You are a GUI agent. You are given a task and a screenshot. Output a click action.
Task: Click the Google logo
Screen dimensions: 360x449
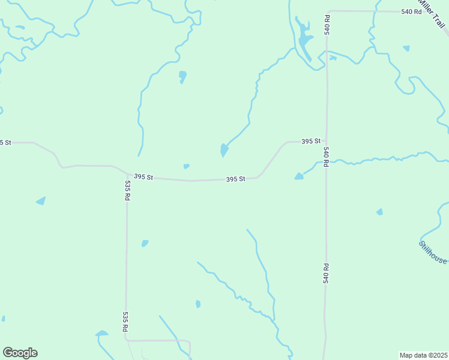tap(20, 353)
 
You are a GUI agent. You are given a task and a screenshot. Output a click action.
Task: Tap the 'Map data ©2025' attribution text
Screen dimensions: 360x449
tap(423, 355)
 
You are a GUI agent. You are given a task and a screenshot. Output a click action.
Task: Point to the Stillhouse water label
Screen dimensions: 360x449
tap(433, 252)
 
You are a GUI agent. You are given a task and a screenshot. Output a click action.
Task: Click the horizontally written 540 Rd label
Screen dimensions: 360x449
tap(412, 11)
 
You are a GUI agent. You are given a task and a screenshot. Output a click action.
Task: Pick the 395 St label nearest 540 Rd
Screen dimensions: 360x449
tap(310, 141)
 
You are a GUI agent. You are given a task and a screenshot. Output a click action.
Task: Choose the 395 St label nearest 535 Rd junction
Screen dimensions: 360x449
tap(144, 177)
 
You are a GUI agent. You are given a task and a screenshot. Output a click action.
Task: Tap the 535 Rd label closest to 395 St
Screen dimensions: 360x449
tap(127, 190)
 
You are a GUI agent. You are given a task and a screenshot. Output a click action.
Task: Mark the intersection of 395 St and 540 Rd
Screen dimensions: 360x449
tap(327, 142)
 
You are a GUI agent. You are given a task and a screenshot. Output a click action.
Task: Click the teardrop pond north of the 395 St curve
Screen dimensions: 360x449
tap(223, 150)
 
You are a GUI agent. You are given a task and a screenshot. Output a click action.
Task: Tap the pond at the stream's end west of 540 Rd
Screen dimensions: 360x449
tap(299, 176)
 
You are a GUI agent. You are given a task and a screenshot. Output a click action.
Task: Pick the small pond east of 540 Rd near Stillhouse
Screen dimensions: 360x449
tap(379, 212)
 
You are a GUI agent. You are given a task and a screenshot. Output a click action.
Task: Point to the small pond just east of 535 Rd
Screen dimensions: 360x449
tap(145, 243)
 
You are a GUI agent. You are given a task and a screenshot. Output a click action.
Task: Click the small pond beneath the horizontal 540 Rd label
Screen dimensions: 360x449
tap(406, 48)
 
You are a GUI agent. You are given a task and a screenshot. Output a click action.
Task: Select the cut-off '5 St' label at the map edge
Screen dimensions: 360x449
tap(5, 142)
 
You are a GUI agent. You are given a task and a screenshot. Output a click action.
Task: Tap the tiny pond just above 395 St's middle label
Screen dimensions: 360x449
tap(187, 166)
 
